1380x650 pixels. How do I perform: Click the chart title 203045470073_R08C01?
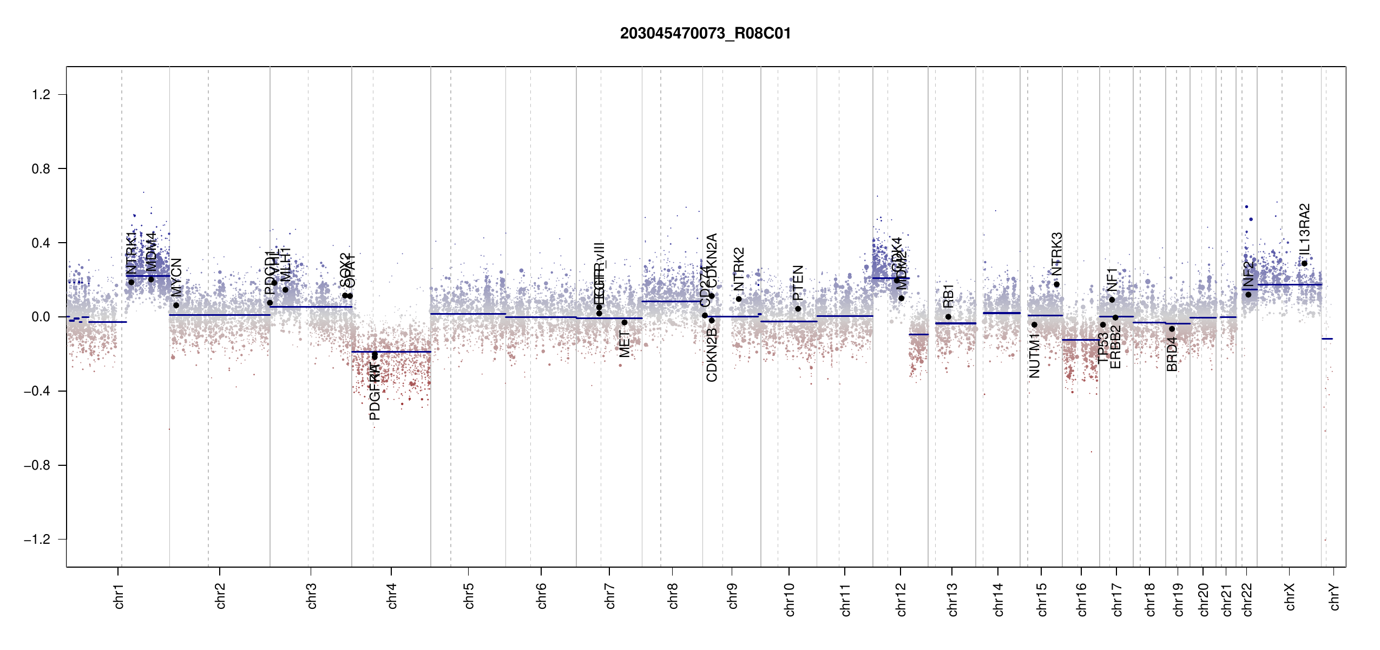point(705,34)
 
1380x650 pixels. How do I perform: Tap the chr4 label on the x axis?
point(392,596)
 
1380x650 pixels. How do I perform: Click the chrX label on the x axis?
point(1290,596)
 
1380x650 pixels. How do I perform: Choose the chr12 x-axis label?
point(901,599)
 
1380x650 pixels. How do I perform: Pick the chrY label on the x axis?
point(1335,596)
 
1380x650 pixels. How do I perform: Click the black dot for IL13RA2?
point(1304,264)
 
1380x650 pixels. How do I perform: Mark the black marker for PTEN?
point(798,309)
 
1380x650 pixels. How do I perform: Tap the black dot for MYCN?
point(176,305)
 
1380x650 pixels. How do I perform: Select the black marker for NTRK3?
point(1056,284)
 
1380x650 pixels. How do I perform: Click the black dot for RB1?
point(948,317)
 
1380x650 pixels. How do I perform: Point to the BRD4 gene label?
point(1172,354)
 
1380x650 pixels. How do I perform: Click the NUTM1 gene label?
point(1034,355)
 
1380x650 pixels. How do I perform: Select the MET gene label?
point(624,344)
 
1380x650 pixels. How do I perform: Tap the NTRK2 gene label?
point(739,269)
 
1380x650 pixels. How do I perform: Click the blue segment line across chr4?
point(391,352)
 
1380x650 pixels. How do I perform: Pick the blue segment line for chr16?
point(1080,340)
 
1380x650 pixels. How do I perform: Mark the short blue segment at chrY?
point(1327,339)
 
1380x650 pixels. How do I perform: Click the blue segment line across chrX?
point(1289,284)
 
